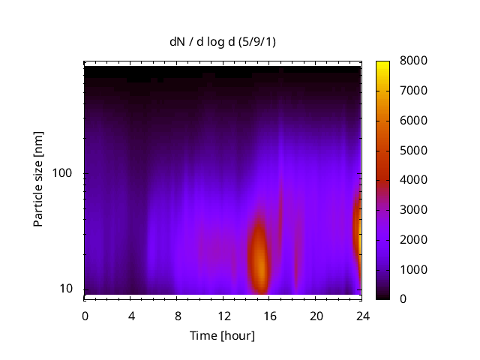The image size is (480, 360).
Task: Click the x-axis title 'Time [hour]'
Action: (222, 335)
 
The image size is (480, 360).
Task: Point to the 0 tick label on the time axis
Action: (85, 316)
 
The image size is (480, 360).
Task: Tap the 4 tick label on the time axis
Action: (131, 316)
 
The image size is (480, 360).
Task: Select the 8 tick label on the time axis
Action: (177, 316)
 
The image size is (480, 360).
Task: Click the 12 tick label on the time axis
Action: (223, 316)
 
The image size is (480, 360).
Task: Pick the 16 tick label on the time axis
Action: (270, 316)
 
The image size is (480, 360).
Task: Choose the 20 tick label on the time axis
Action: (316, 316)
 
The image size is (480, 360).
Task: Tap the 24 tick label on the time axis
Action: (362, 316)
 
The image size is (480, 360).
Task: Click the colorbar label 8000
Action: (413, 61)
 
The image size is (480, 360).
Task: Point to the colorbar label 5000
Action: (413, 150)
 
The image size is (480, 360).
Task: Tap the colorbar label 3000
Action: (413, 209)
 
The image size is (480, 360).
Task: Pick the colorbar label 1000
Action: (413, 269)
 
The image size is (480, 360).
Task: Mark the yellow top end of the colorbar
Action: (382, 63)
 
